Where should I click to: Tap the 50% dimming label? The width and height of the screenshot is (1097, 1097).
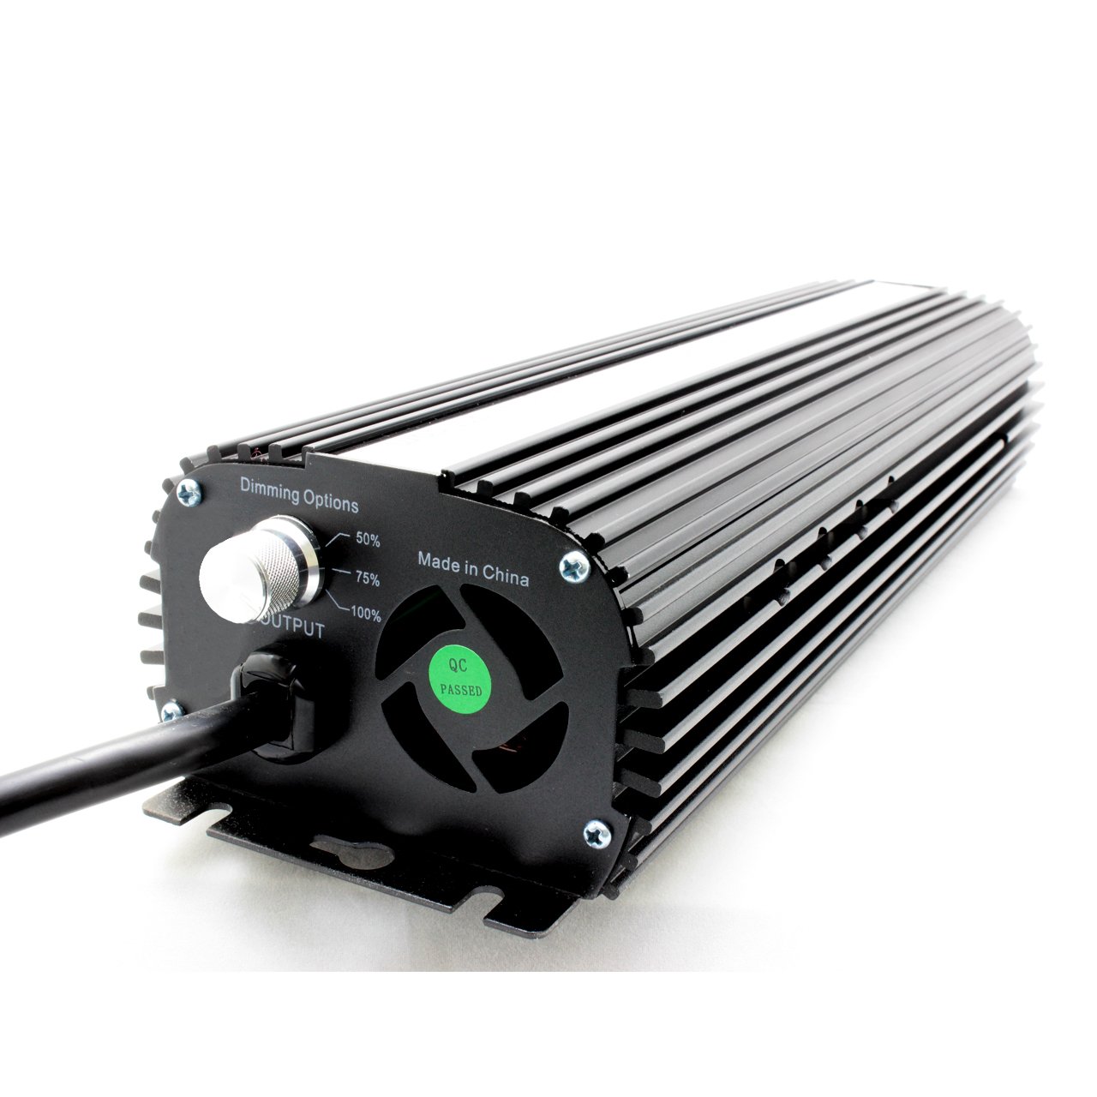pos(368,540)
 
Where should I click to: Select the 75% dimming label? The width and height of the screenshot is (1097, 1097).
pos(367,578)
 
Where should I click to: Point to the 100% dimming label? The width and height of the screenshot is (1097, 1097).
pos(365,614)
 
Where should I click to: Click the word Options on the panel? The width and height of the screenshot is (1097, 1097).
pos(329,502)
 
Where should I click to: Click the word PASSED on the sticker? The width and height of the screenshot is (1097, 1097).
pos(461,690)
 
